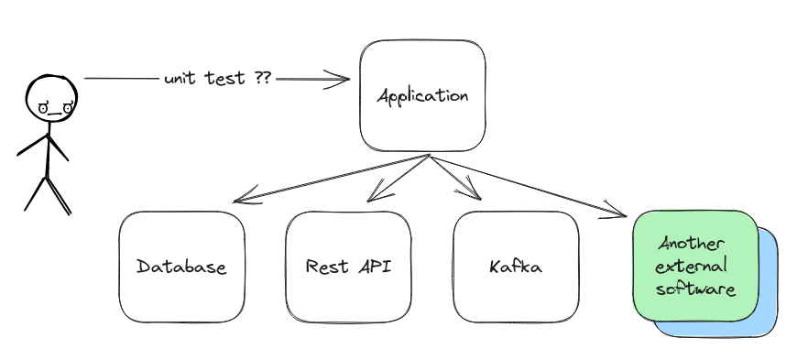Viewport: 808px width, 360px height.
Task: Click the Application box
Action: click(422, 95)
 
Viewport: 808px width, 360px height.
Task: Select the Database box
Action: click(181, 267)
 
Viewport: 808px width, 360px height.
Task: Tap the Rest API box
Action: click(348, 267)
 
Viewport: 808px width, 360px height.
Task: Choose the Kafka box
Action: click(516, 267)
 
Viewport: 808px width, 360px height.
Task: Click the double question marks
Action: click(262, 80)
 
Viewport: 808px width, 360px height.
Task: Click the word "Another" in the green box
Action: click(693, 245)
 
